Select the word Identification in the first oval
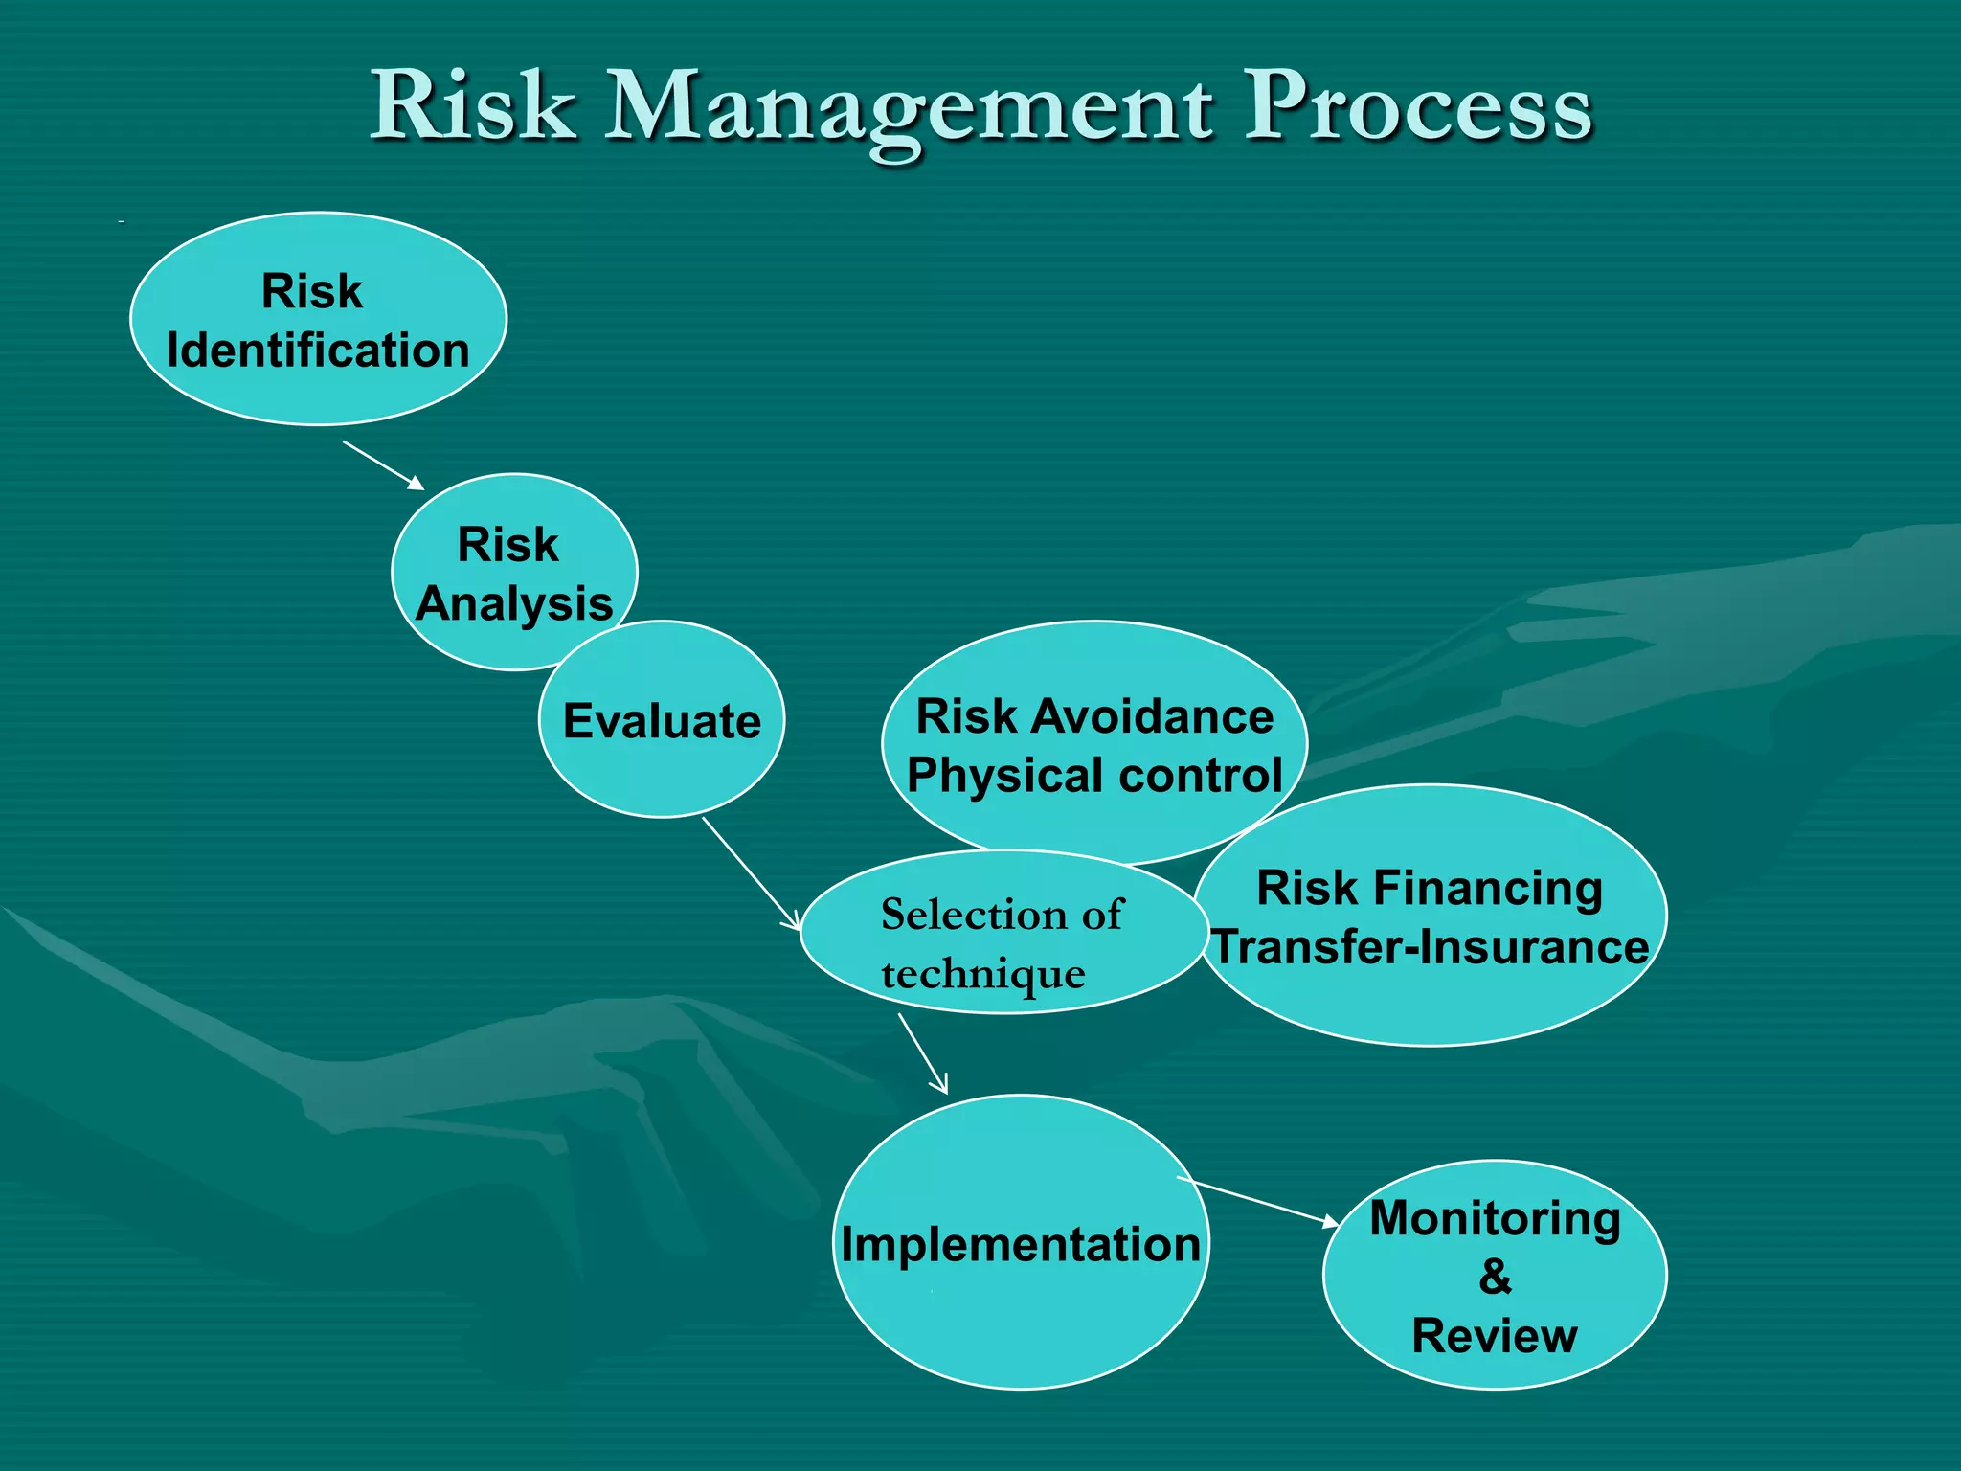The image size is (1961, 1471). point(318,351)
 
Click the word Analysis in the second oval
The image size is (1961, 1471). point(514,604)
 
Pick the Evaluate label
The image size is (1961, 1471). point(662,721)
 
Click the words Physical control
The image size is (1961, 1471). point(1094,776)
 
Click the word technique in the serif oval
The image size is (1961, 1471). point(983,975)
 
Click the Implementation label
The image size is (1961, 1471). point(1021,1245)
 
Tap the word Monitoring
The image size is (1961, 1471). point(1495,1219)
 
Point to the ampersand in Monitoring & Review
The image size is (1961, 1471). point(1495,1278)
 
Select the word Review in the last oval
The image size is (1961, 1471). point(1495,1336)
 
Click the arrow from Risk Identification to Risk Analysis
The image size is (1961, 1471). point(383,465)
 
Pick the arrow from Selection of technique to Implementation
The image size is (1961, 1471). point(922,1053)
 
